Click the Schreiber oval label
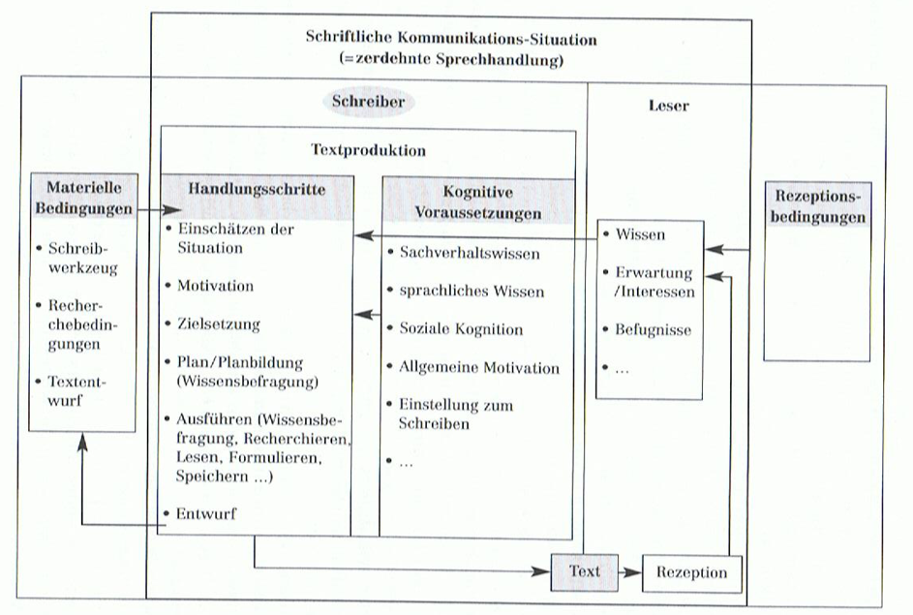[x=368, y=102]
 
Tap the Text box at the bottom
[x=585, y=571]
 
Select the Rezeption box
[x=691, y=572]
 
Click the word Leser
[x=669, y=106]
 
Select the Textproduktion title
[x=368, y=150]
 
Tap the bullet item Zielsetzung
[x=218, y=324]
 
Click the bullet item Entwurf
[x=205, y=513]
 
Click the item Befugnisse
[x=653, y=330]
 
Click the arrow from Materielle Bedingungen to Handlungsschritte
[x=160, y=209]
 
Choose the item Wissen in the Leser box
[x=640, y=234]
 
